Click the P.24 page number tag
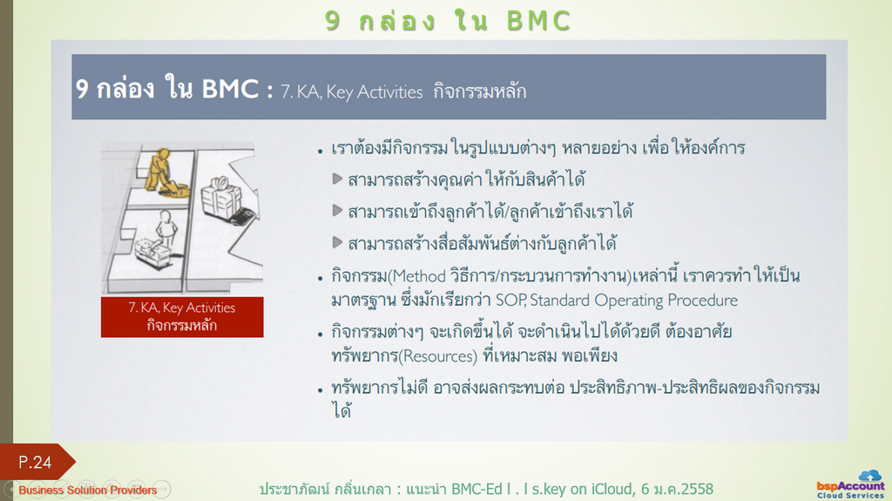pyautogui.click(x=35, y=462)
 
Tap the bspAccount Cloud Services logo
pyautogui.click(x=850, y=485)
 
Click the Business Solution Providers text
pyautogui.click(x=88, y=490)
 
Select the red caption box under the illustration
pyautogui.click(x=182, y=317)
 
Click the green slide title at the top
pyautogui.click(x=448, y=21)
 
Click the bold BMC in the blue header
pyautogui.click(x=230, y=89)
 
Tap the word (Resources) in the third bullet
pyautogui.click(x=438, y=356)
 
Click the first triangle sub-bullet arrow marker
pyautogui.click(x=337, y=179)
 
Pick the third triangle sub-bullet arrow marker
pyautogui.click(x=337, y=243)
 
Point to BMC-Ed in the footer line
pyautogui.click(x=476, y=489)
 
